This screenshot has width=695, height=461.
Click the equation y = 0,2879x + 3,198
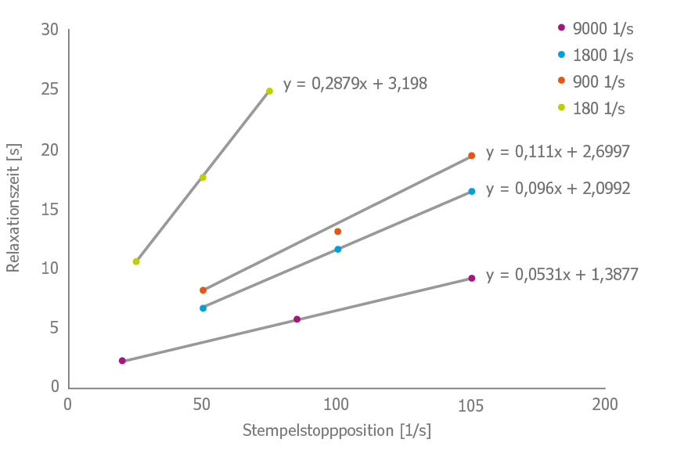(x=355, y=83)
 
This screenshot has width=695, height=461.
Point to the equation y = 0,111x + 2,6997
(x=557, y=153)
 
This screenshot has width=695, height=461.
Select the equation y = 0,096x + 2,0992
(x=557, y=189)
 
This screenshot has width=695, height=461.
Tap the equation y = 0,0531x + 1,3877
(x=561, y=275)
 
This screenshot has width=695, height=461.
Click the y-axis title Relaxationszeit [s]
(x=13, y=207)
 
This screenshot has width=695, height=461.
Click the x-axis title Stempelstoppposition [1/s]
(x=337, y=430)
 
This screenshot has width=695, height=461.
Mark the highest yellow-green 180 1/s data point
(x=269, y=92)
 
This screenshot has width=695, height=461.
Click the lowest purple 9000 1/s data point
(x=122, y=361)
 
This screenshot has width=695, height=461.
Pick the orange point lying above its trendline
(x=337, y=232)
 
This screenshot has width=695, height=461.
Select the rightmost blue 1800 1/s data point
(x=471, y=191)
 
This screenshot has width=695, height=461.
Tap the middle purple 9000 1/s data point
(x=297, y=319)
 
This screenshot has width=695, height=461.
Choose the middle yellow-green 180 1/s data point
(x=203, y=178)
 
